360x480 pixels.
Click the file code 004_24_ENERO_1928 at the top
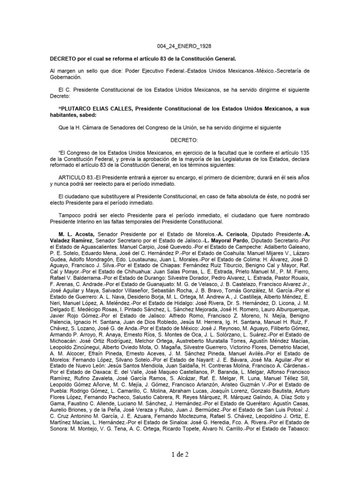(180, 47)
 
